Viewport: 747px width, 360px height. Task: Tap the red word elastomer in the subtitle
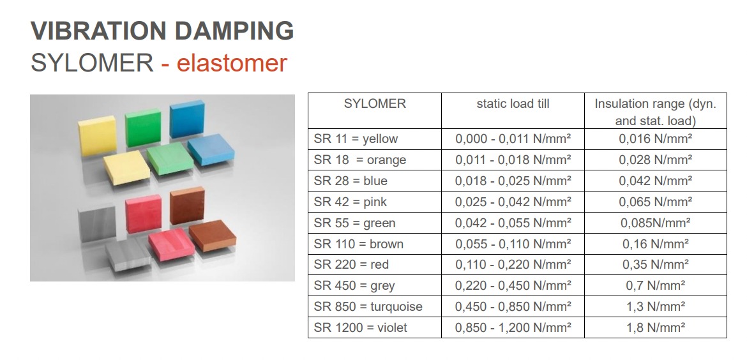pos(232,63)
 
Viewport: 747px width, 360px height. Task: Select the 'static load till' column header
pos(513,104)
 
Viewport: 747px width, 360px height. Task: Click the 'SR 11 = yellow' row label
pos(356,139)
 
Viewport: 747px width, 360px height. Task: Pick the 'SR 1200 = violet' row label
pos(361,327)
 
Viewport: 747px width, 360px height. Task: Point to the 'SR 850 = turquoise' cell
pos(368,306)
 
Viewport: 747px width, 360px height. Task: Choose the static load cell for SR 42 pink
pos(513,202)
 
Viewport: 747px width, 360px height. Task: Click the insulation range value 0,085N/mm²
pos(656,223)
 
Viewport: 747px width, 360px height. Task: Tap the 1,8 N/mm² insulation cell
pos(656,327)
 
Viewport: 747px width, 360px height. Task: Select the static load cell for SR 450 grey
pos(513,286)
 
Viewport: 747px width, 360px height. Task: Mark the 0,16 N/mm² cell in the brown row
pos(656,244)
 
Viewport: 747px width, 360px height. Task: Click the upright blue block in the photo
pos(186,119)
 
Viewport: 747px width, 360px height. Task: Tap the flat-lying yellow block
pos(126,168)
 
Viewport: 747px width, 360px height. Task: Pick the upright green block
pos(143,127)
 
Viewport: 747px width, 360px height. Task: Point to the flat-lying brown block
pos(213,236)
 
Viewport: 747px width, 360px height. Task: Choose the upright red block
pos(144,213)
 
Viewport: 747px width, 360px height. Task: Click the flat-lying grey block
pos(128,255)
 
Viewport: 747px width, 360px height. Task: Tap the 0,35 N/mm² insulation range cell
pos(656,265)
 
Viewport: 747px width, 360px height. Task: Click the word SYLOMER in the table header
pos(375,104)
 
